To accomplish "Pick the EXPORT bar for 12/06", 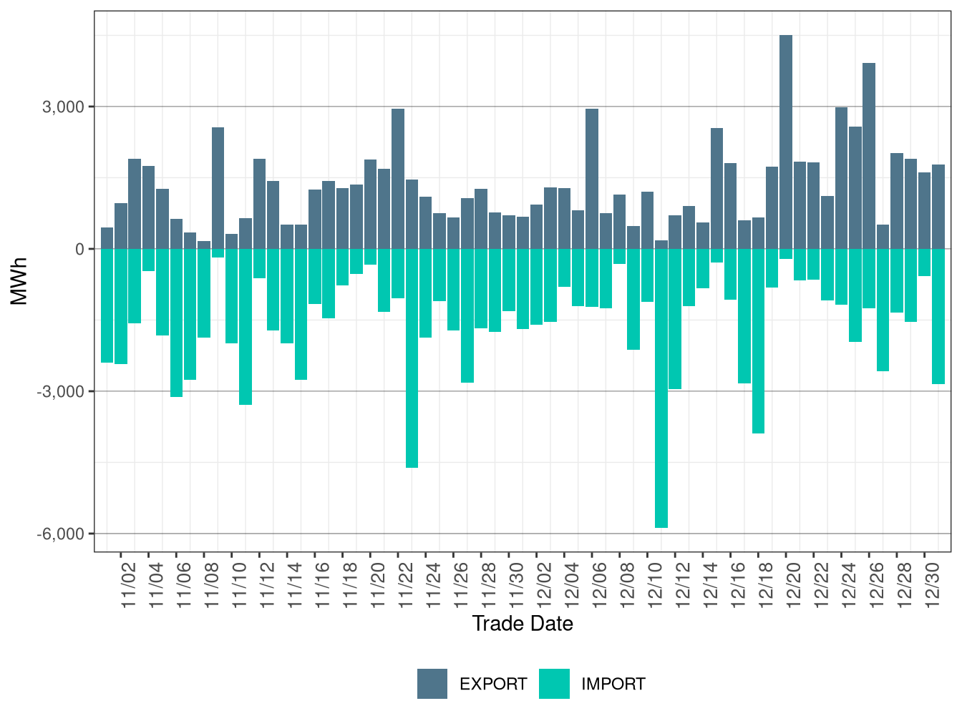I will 592,179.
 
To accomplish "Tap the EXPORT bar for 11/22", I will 398,179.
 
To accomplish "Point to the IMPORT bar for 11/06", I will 176,323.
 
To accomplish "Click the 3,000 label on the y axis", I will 63,107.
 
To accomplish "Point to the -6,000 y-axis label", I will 61,534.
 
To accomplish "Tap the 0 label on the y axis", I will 79,249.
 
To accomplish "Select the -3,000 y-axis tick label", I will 61,391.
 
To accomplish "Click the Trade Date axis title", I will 523,624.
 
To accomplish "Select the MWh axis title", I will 19,281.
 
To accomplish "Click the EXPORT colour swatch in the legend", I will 432,684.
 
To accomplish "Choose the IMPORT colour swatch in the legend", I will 554,684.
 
